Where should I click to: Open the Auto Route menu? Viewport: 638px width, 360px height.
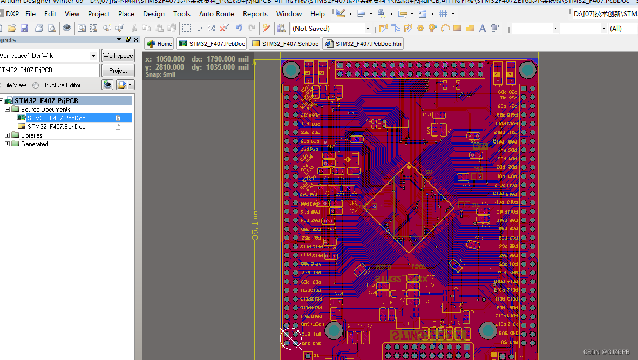point(216,14)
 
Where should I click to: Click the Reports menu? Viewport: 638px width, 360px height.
point(255,14)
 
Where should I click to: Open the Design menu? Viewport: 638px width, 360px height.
point(154,14)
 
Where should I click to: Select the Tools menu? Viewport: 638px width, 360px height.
point(182,14)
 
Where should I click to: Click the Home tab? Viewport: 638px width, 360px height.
point(160,44)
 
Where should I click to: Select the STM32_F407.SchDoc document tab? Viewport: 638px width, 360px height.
point(286,44)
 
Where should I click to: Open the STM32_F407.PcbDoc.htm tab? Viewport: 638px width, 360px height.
point(363,44)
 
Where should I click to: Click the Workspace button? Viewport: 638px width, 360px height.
point(118,56)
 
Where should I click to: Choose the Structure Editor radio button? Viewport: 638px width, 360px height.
point(36,85)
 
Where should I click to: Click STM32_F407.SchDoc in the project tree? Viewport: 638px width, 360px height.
point(56,127)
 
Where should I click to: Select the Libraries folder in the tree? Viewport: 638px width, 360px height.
point(31,135)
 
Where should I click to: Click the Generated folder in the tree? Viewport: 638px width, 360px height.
point(35,144)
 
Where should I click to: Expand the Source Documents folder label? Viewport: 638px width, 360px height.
point(45,110)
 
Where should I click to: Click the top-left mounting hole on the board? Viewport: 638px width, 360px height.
point(291,69)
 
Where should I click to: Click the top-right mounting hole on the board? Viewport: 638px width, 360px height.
point(527,69)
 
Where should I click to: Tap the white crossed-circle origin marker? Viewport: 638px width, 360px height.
point(290,337)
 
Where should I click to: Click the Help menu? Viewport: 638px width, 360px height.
point(317,14)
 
